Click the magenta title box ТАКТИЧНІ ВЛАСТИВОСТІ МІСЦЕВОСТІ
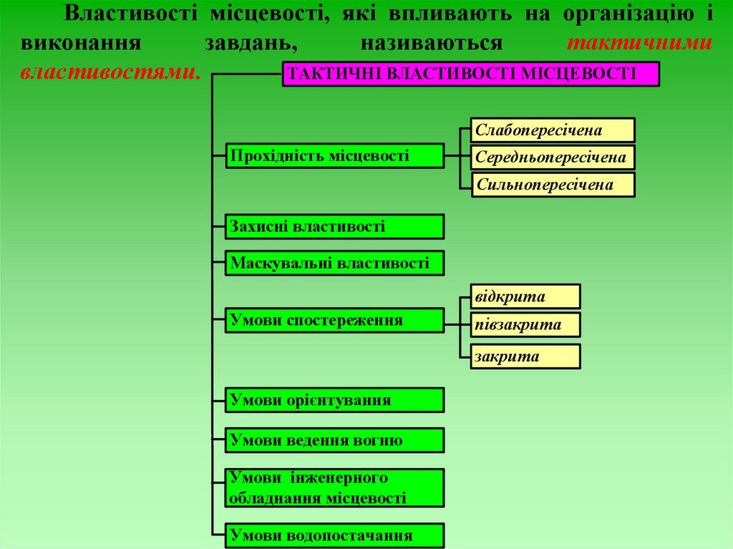pos(470,74)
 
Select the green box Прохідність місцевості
pos(335,155)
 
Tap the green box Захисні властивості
pos(335,226)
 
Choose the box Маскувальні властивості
pos(335,263)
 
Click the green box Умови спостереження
pos(335,320)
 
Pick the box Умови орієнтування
pos(335,399)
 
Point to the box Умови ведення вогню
pos(335,440)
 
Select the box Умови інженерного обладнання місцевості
pos(335,488)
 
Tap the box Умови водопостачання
pos(335,535)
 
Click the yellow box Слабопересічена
pos(553,130)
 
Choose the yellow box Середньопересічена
pos(553,157)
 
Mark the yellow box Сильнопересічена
pos(553,185)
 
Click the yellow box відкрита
pos(525,296)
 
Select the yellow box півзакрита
pos(525,325)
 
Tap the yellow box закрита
pos(525,356)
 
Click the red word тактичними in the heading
pos(639,43)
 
